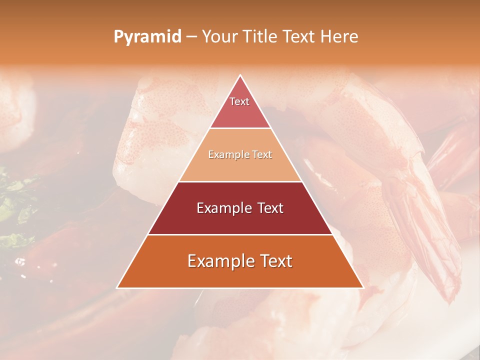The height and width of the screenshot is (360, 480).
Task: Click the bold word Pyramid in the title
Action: pos(147,37)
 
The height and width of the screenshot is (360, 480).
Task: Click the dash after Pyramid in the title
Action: pos(191,37)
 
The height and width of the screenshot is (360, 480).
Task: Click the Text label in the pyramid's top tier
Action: pos(239,101)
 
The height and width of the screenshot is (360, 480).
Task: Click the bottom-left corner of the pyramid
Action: pos(117,287)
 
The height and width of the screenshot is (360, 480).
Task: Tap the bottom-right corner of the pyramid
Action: pos(363,287)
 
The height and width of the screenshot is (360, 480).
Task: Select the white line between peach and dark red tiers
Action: pos(240,181)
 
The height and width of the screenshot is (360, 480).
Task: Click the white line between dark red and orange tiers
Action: pos(240,234)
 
